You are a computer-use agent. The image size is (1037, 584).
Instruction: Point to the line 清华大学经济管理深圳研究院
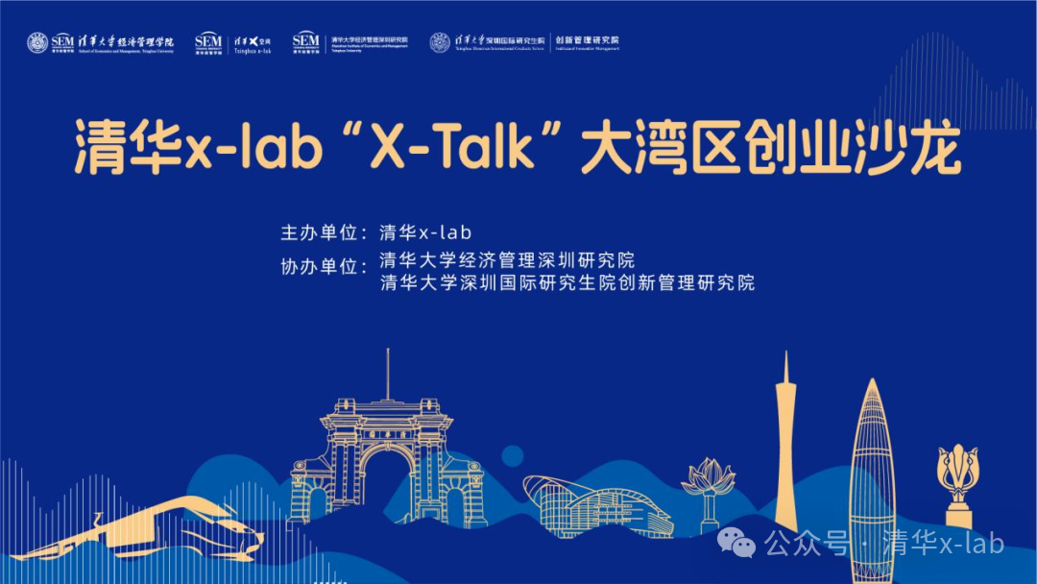coord(507,260)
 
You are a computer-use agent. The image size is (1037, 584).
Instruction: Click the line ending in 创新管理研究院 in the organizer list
coord(567,283)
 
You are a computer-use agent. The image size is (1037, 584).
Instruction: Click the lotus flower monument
coord(708,485)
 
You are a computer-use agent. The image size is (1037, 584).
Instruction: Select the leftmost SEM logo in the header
coord(62,42)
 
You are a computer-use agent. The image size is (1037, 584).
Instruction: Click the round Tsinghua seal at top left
coord(37,42)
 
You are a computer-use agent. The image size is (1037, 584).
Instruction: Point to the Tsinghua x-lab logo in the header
coord(252,42)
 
